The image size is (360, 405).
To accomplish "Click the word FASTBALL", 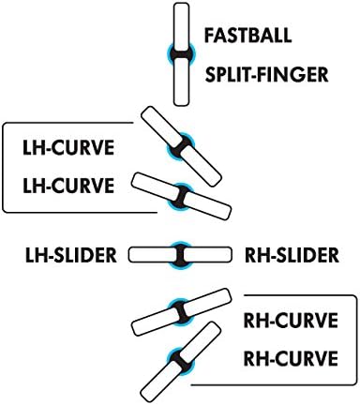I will point(248,37).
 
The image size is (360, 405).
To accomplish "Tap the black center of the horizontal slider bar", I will point(179,253).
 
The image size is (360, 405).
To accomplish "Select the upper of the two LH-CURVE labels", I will point(67,148).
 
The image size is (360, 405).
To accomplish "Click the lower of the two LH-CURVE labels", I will point(67,185).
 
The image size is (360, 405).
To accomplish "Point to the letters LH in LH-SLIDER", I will point(34,253).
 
